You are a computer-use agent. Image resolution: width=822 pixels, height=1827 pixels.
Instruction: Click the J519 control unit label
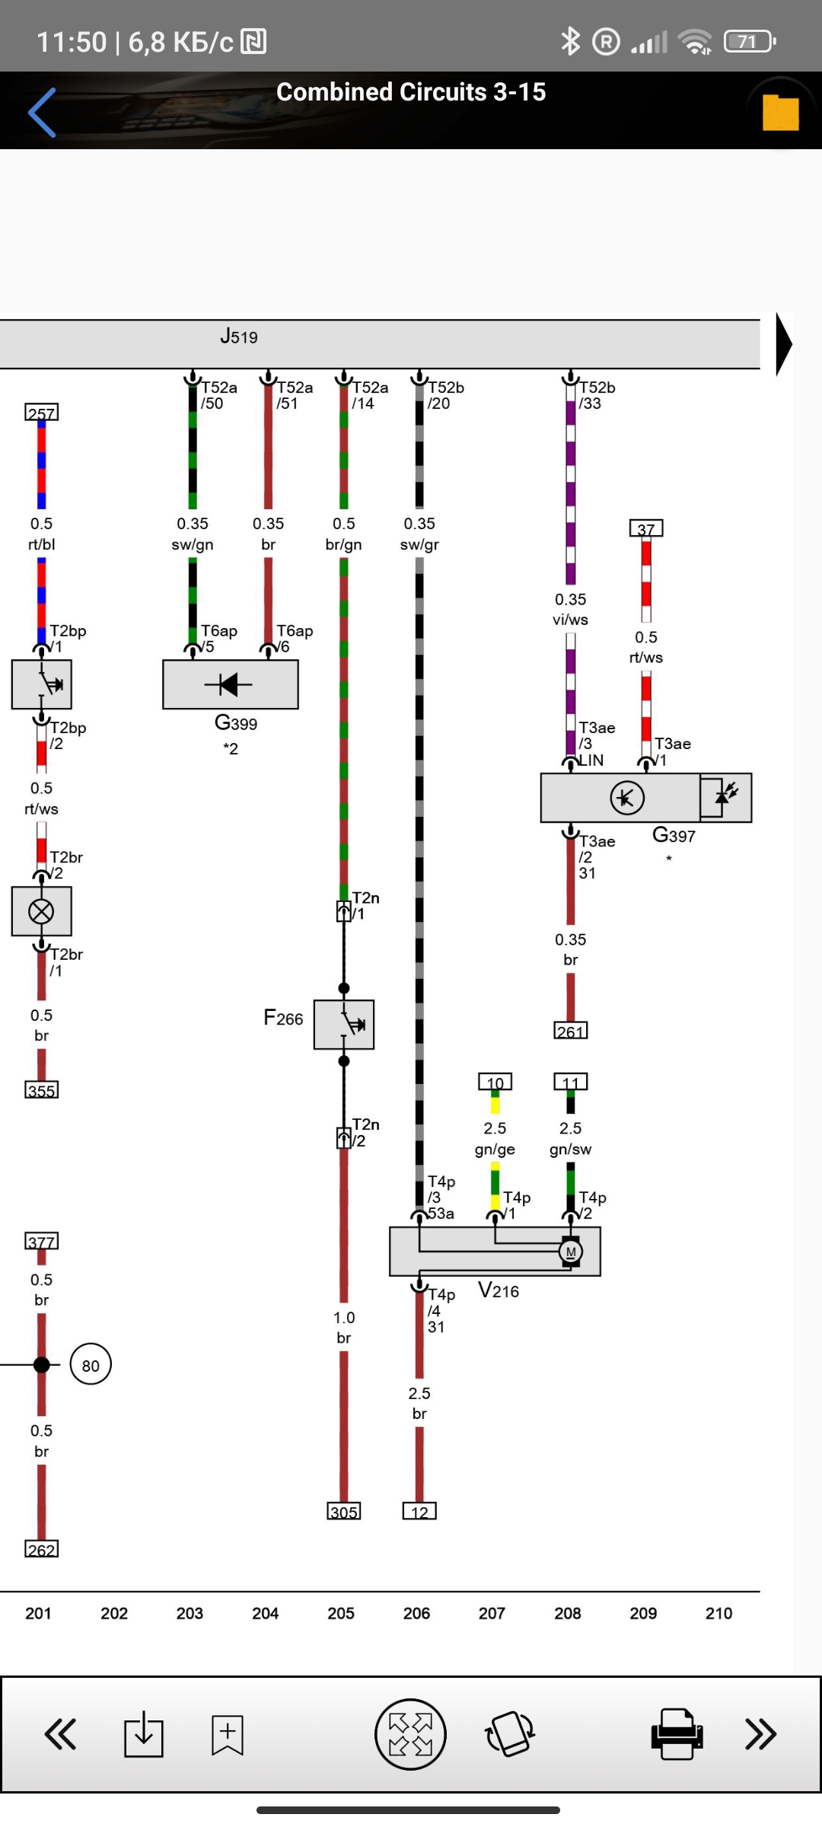click(x=239, y=336)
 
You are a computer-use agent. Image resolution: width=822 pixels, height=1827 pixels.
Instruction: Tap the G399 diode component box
click(x=230, y=684)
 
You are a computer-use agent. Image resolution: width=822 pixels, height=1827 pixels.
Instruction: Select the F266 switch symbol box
click(x=344, y=1025)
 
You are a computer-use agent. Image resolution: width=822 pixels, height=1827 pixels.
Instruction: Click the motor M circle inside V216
click(x=571, y=1251)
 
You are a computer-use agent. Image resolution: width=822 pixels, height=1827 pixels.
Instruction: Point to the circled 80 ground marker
click(x=91, y=1365)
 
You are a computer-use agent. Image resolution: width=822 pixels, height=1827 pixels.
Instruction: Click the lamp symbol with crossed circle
click(x=41, y=911)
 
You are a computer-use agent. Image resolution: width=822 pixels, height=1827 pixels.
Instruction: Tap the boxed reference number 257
click(x=41, y=413)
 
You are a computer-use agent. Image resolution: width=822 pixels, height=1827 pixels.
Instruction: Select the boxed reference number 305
click(x=343, y=1512)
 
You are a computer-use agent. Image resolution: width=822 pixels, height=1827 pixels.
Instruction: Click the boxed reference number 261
click(x=570, y=1031)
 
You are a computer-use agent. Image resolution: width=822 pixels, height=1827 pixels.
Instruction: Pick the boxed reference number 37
click(x=645, y=529)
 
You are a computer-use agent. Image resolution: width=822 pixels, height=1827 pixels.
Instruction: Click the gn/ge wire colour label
click(x=495, y=1149)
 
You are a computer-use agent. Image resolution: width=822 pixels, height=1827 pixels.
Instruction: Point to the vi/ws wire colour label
click(x=570, y=620)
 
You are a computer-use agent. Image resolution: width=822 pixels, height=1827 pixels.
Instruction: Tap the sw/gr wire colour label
click(x=419, y=544)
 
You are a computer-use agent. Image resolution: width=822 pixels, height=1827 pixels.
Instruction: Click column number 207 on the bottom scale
click(x=492, y=1613)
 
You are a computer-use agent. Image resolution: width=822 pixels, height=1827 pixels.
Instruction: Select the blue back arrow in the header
click(x=43, y=113)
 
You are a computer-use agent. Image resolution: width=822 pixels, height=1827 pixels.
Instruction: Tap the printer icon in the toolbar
click(x=676, y=1734)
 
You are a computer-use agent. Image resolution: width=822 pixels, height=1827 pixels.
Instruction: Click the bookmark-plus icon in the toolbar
click(x=227, y=1735)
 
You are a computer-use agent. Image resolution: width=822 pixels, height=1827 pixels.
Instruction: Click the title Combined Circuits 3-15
click(x=411, y=92)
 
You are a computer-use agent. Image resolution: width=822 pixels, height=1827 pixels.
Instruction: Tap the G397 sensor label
click(x=674, y=836)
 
